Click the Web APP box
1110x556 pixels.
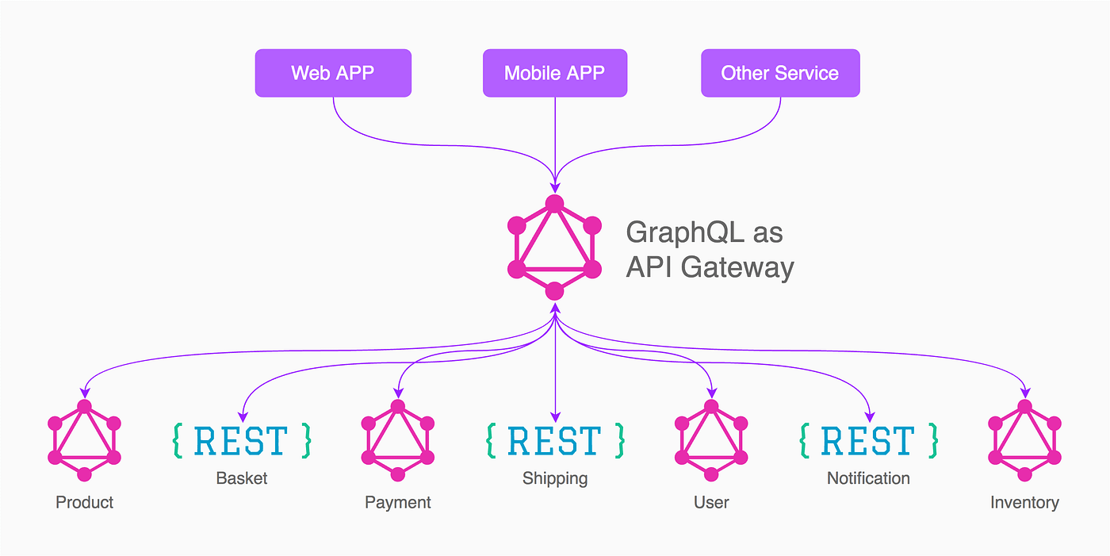click(333, 73)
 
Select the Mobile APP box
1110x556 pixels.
click(554, 73)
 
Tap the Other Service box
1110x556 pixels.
click(780, 73)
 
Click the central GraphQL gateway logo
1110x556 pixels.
click(554, 247)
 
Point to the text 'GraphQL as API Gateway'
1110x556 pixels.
click(709, 250)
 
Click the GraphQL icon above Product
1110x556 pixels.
click(84, 440)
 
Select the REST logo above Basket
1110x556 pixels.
click(241, 440)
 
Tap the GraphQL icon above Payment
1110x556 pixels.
click(398, 440)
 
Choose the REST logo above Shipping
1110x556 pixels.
click(554, 440)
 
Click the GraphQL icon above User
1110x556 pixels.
click(711, 440)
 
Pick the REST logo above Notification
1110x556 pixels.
click(868, 440)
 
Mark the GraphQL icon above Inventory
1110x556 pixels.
click(1024, 440)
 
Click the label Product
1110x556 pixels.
click(84, 502)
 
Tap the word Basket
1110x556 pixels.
click(241, 478)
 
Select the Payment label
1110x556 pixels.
click(398, 502)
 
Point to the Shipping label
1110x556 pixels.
click(554, 478)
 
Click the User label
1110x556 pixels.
click(711, 502)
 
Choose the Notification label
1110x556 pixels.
click(868, 478)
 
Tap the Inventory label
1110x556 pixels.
click(1024, 502)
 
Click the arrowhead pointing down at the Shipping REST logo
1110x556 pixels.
click(554, 416)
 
